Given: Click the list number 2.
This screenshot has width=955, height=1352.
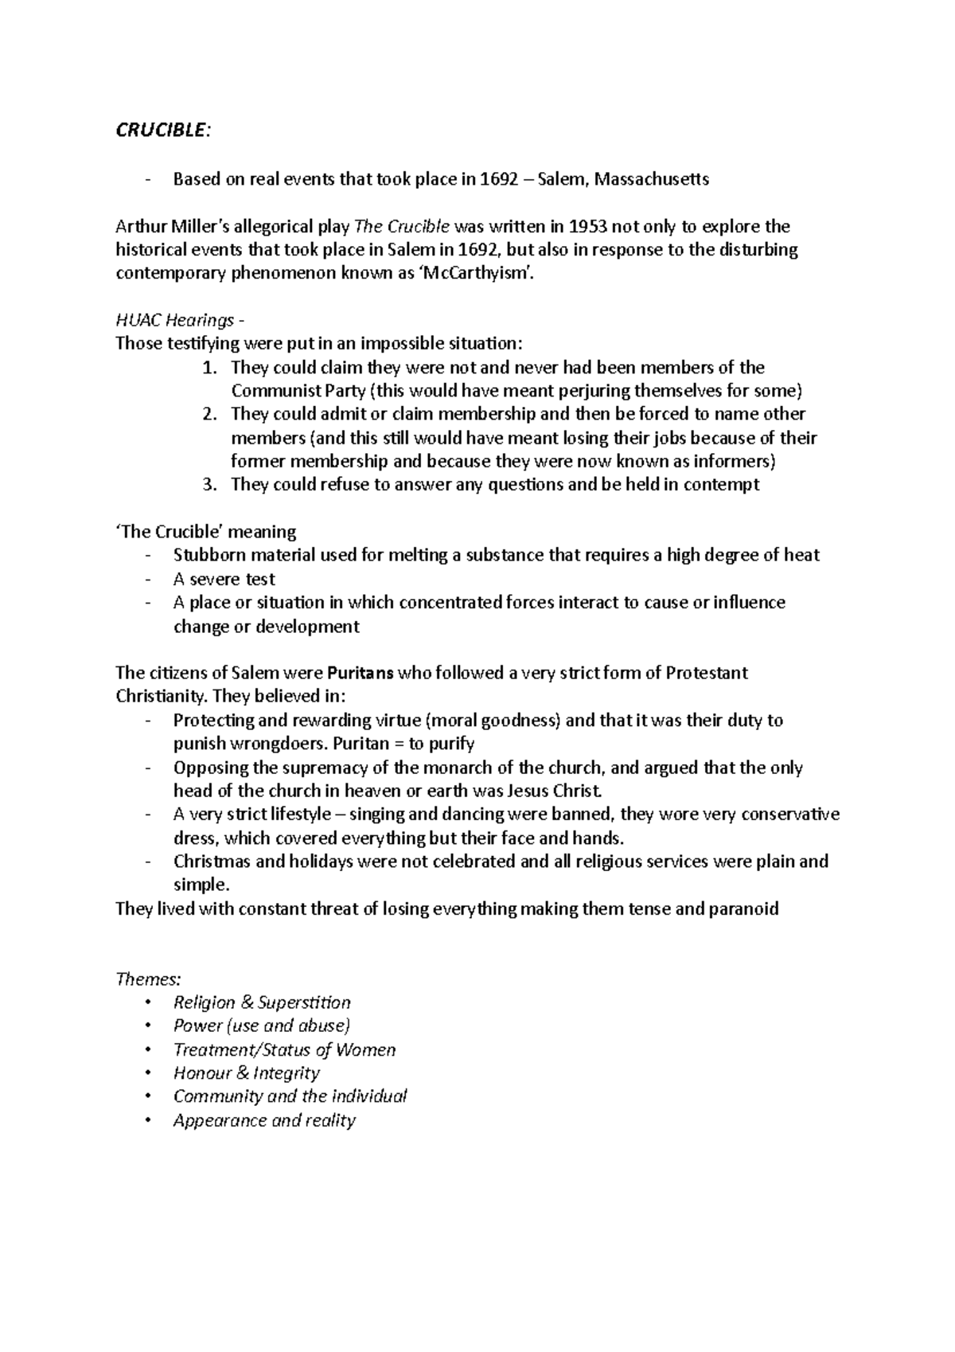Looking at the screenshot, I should pos(209,414).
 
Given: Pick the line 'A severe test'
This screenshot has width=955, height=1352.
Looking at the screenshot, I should pos(224,580).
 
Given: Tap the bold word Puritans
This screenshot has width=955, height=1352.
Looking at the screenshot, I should pos(361,674).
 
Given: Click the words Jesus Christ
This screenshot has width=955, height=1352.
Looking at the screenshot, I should pos(556,791).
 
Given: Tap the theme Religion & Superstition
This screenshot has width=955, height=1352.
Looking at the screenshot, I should pos(262,1002).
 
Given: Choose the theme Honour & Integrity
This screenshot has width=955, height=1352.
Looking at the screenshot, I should pos(247,1073).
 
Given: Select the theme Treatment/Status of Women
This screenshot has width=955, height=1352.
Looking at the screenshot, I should pos(284,1050).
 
